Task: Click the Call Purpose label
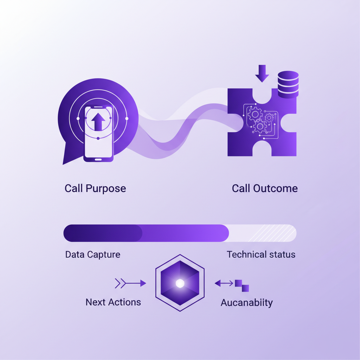[x=95, y=189]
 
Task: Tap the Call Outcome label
[x=265, y=188]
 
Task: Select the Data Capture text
[x=93, y=255]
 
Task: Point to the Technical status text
[x=261, y=255]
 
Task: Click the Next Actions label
[x=113, y=302]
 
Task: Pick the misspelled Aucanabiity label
[x=247, y=303]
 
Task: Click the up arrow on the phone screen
[x=98, y=122]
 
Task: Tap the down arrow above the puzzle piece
[x=262, y=73]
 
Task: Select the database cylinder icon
[x=288, y=84]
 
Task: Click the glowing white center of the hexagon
[x=180, y=283]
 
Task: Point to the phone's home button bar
[x=98, y=160]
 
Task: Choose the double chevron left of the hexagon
[x=120, y=283]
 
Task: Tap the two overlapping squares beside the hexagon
[x=242, y=285]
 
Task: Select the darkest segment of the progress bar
[x=103, y=233]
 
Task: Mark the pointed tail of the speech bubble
[x=63, y=163]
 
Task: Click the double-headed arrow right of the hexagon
[x=224, y=283]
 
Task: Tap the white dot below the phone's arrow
[x=98, y=138]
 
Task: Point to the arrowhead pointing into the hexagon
[x=143, y=283]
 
